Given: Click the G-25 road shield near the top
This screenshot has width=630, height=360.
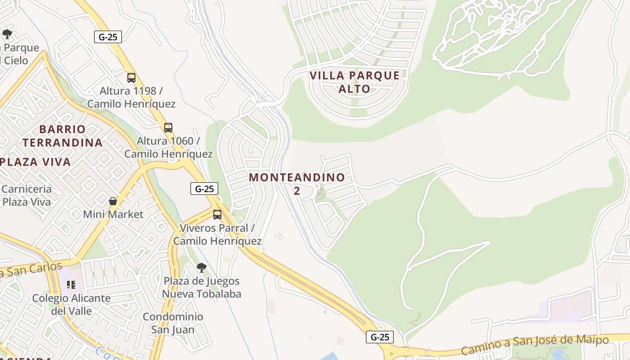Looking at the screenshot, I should tap(108, 37).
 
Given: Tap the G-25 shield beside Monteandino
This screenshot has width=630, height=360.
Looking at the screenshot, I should tap(204, 189).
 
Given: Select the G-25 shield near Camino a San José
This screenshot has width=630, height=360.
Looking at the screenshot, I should tap(380, 337).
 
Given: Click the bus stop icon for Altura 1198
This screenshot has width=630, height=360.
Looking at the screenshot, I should tap(131, 77).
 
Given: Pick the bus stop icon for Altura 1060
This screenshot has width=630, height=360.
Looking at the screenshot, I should tap(168, 127).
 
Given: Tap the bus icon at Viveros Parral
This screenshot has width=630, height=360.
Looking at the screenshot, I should tap(217, 215).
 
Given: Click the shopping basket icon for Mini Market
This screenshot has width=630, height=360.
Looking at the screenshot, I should tap(113, 201).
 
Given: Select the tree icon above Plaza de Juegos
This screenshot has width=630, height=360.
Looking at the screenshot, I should tap(202, 268).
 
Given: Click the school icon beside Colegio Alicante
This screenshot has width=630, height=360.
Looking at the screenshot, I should tap(71, 284).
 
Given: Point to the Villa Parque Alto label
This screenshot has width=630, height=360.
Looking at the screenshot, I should tap(355, 82).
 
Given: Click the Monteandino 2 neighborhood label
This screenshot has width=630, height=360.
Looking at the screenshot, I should tap(297, 184).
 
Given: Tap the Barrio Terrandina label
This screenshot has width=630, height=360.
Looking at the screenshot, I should tap(63, 136).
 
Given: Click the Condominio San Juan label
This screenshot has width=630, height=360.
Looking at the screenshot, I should tap(173, 323).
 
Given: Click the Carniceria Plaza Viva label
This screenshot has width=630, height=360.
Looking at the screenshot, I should tap(27, 195).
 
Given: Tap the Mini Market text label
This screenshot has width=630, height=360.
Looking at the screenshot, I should tap(113, 214).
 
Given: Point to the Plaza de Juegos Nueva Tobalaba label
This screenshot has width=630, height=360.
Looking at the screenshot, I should tap(202, 288).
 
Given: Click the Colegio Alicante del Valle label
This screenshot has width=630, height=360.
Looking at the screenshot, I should tap(71, 304).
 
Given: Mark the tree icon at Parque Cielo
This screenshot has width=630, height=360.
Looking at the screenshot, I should tap(7, 34).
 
